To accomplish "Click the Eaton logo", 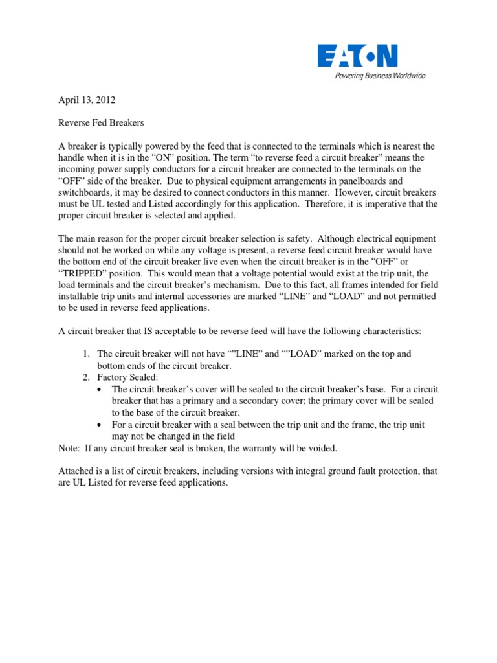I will [357, 56].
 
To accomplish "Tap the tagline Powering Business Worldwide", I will [380, 76].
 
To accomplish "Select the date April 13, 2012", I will [87, 100].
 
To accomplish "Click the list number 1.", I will [85, 354].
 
